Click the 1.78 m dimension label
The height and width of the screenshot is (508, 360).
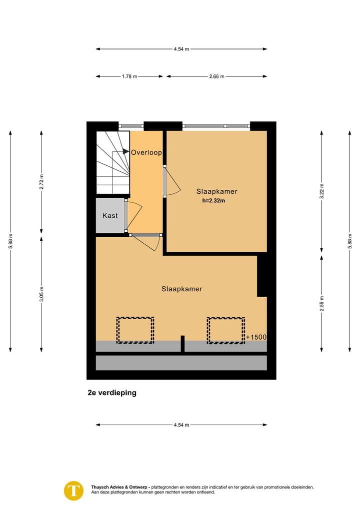(x=129, y=76)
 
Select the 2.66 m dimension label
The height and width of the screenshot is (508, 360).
(x=216, y=76)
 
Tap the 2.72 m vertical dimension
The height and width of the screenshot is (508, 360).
(x=42, y=181)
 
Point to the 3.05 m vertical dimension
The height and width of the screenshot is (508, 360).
(x=42, y=294)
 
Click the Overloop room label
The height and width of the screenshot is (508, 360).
(x=146, y=153)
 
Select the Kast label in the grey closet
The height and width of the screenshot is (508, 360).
(x=110, y=216)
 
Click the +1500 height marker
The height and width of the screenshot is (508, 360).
(x=256, y=337)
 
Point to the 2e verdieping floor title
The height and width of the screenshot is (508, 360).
(x=111, y=393)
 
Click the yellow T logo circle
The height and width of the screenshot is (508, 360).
(x=74, y=490)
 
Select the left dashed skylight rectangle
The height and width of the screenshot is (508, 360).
(x=135, y=330)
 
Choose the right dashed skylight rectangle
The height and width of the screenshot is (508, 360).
(x=226, y=330)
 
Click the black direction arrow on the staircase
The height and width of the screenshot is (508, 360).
(x=126, y=152)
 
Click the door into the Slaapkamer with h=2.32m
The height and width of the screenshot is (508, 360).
(x=172, y=181)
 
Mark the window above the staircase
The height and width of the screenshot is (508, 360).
(x=131, y=126)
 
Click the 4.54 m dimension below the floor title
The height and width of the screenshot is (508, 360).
(x=181, y=425)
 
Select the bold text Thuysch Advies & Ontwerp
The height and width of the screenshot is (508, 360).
(x=120, y=487)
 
